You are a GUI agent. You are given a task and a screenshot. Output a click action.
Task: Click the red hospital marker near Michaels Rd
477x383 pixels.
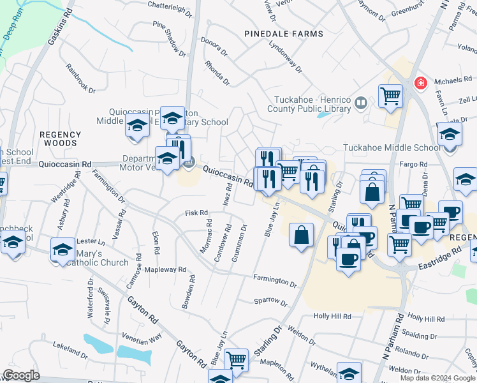420,83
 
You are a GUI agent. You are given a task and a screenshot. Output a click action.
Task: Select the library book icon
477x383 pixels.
361,103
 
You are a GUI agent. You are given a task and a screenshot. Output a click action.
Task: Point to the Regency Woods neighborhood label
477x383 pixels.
60,139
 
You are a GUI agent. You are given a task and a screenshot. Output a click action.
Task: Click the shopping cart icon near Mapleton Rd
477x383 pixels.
237,360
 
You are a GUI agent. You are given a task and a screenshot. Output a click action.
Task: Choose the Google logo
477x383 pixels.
21,375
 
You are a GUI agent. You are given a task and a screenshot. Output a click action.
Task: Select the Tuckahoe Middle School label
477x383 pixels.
392,147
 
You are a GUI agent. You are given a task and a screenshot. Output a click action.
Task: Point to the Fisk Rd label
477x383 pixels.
196,213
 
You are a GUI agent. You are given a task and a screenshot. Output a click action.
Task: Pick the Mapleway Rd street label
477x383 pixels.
165,270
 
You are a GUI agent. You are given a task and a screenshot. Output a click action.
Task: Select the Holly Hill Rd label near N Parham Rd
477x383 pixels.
426,317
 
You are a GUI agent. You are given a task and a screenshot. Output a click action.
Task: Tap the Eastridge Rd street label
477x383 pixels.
440,259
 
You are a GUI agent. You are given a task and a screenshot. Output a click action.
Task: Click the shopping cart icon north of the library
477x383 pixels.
390,96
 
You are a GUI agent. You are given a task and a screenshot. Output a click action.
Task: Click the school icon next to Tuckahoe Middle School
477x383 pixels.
450,135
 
